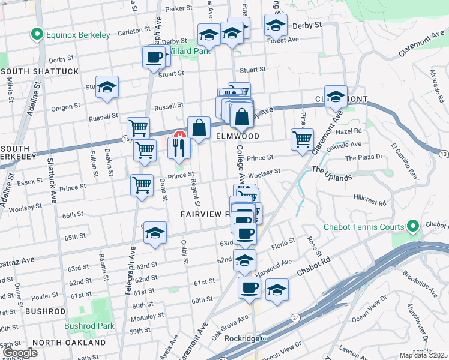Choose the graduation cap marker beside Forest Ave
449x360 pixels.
[x=276, y=26]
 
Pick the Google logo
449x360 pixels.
[x=20, y=352]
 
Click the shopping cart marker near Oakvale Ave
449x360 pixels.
[x=302, y=139]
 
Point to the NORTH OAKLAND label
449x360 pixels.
[x=69, y=343]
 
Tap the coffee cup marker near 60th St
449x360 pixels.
[x=249, y=287]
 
